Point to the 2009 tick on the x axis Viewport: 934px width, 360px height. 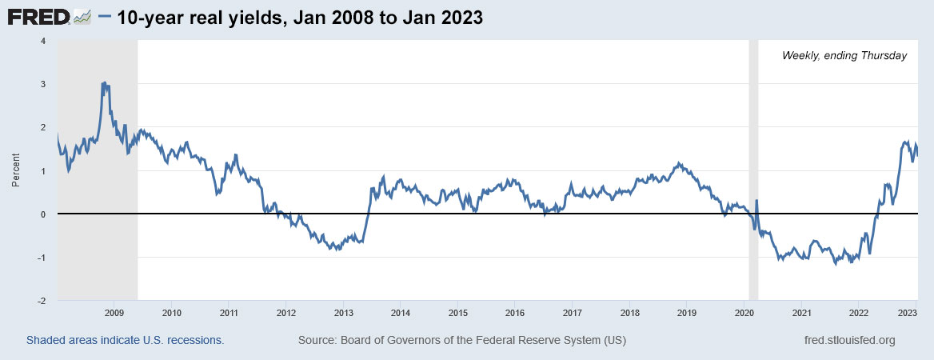(114, 312)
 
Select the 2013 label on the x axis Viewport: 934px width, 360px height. (343, 312)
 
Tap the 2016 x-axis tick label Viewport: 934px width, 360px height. (515, 312)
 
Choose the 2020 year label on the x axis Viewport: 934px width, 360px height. (744, 312)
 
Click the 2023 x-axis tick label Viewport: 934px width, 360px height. (907, 312)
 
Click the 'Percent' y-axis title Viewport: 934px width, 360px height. (16, 170)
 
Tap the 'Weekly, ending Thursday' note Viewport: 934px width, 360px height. (844, 55)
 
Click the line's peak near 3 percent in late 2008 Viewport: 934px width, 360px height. (103, 82)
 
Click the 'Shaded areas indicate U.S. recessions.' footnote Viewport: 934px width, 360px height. (125, 340)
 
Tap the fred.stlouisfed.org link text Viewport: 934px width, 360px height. (848, 340)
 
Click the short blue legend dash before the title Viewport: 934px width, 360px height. (106, 17)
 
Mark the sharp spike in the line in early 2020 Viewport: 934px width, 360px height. (756, 201)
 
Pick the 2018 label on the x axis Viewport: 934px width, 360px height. (629, 312)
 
